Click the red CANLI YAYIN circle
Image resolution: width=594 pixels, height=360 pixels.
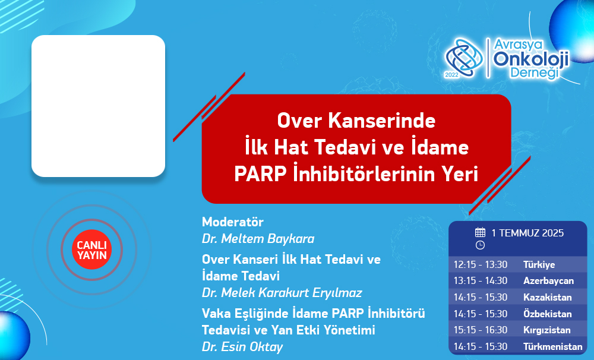91,250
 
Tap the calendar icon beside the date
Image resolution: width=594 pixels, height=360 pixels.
480,232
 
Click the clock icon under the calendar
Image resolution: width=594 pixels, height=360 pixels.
480,245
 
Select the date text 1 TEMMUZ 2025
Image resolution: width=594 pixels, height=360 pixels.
527,233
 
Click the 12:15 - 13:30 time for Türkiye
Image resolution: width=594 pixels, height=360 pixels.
481,264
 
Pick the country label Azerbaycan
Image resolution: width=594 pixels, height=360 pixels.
548,281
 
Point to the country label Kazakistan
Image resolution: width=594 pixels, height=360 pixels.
548,297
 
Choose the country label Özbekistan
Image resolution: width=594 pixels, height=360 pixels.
548,314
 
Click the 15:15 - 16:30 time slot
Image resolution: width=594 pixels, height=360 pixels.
481,330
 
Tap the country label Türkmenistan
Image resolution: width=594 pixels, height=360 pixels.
552,346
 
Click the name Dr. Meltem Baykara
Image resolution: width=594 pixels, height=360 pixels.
258,239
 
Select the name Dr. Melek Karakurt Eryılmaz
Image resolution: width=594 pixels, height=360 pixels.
282,293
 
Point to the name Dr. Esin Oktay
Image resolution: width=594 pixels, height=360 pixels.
242,347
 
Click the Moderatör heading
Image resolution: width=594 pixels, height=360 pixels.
233,222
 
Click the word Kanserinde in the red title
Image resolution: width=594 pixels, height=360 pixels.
382,121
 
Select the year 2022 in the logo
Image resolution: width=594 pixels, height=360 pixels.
451,75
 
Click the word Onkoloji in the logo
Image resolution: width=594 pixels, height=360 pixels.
531,59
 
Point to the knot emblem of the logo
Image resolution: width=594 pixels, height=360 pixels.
465,58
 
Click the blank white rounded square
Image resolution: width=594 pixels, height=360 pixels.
98,106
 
